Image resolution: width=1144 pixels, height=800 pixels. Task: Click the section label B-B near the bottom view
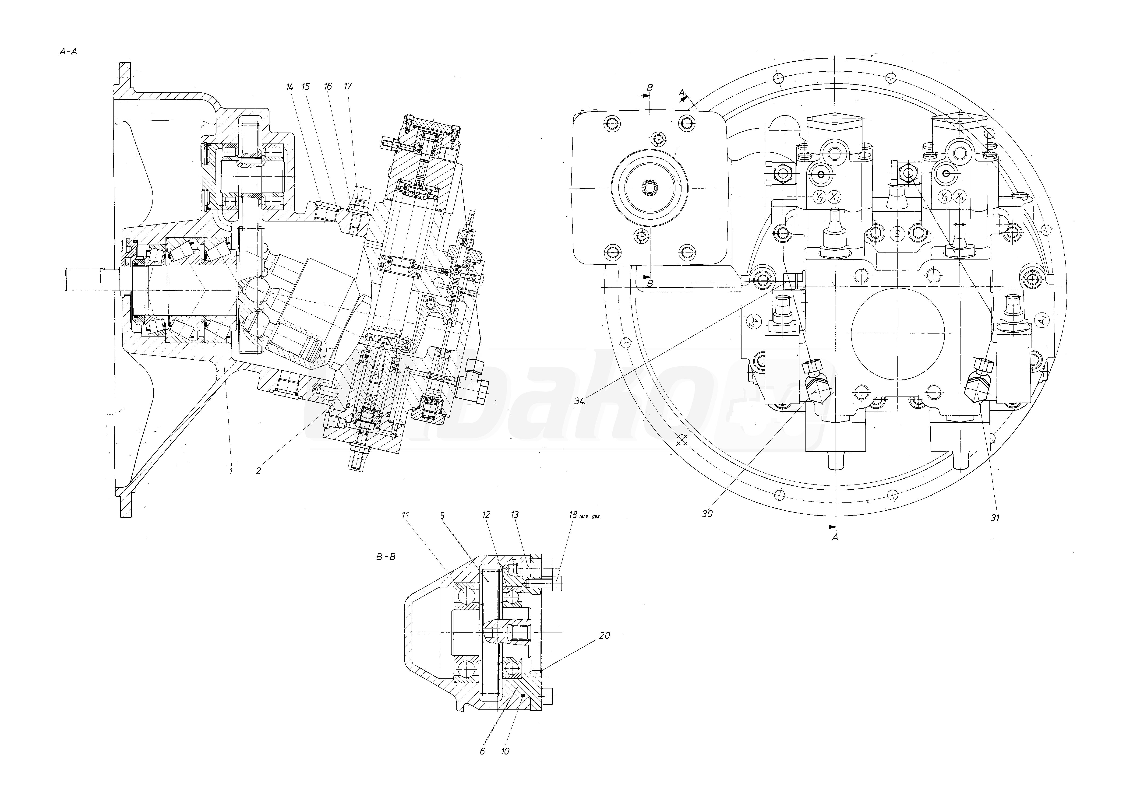386,557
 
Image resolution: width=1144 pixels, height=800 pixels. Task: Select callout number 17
348,86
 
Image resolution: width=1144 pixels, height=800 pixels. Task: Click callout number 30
707,514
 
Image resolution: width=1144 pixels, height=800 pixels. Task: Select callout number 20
604,636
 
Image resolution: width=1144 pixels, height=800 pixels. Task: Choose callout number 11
406,515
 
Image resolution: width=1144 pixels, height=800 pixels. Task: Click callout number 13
515,515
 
